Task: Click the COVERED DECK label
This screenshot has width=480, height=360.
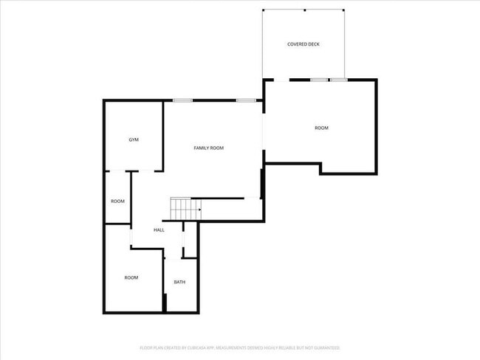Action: (304, 44)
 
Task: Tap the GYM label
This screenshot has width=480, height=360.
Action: (134, 139)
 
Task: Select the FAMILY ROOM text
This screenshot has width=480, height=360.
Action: (208, 148)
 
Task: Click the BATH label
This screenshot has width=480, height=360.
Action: (179, 282)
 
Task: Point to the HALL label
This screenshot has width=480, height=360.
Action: (159, 230)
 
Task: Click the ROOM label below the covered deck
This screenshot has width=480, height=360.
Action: (321, 128)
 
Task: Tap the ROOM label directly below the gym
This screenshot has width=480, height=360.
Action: (117, 201)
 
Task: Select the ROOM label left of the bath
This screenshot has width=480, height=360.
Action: (131, 277)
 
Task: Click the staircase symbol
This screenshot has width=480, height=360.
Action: (185, 209)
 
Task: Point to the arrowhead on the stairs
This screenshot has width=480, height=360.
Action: (199, 209)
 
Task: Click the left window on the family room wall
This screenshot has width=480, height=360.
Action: (183, 100)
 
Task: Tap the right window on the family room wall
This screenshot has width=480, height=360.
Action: (246, 100)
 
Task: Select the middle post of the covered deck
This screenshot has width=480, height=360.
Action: (304, 10)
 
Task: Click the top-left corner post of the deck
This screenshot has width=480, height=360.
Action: (264, 10)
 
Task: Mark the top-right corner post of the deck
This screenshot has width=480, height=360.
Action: (343, 10)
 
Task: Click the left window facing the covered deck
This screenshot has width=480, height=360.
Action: (318, 79)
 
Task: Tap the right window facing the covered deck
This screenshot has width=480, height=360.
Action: (338, 79)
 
